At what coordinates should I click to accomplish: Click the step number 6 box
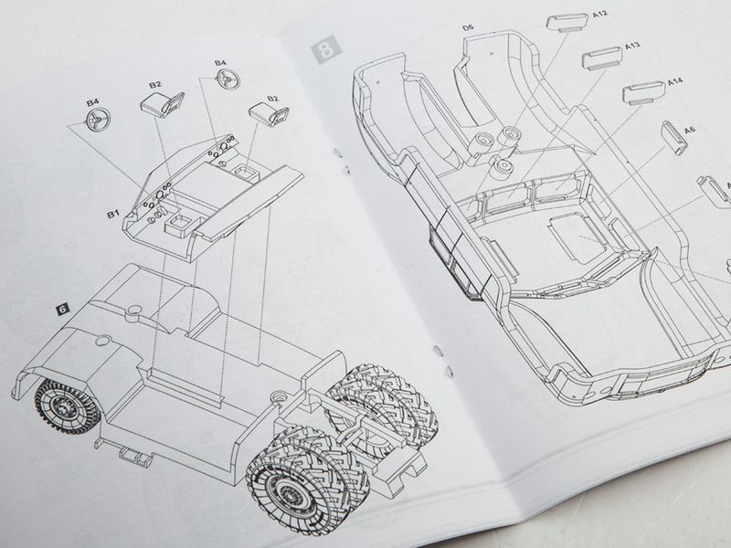(x=62, y=309)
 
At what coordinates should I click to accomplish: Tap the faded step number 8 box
(x=327, y=50)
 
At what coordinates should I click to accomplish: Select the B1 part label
(x=113, y=214)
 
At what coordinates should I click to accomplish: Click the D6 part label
(x=468, y=27)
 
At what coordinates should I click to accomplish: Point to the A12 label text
(x=600, y=15)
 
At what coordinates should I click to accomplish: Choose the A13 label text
(x=632, y=47)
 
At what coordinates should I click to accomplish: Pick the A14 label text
(x=675, y=81)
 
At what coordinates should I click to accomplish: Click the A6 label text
(x=690, y=130)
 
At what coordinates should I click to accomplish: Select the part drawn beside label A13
(x=602, y=58)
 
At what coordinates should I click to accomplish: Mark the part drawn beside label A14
(x=644, y=92)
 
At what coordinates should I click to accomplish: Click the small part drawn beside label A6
(x=673, y=137)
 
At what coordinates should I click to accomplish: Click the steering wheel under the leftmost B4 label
(x=99, y=121)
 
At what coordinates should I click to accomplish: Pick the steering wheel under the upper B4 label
(x=229, y=79)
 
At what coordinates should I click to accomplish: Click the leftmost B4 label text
(x=93, y=102)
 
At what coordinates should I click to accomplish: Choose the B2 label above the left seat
(x=155, y=84)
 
